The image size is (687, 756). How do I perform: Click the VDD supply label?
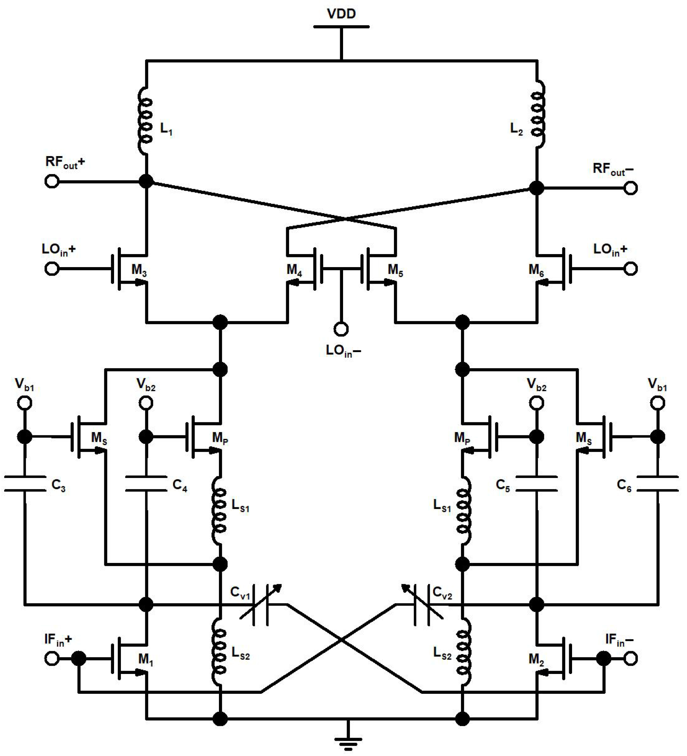(341, 14)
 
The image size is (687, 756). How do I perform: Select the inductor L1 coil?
(145, 121)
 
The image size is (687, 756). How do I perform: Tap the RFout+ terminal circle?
(52, 182)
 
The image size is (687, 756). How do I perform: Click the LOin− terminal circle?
(341, 329)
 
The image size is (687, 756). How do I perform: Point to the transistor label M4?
(294, 270)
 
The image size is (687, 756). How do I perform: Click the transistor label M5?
(395, 270)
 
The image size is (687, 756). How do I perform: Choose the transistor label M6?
(536, 270)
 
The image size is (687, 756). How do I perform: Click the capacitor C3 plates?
(25, 484)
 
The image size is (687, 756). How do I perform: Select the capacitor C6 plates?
(658, 484)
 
